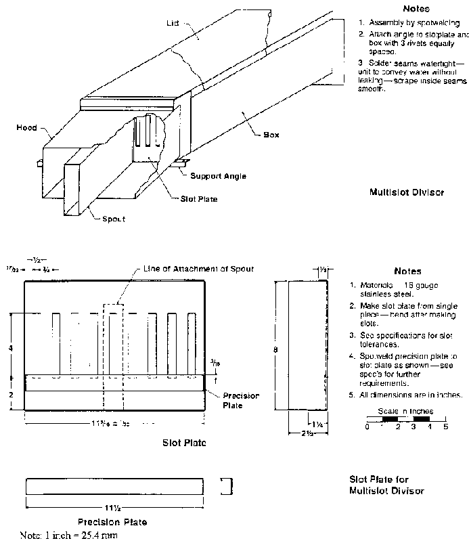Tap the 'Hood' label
27,127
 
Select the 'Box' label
271,135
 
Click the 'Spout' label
114,219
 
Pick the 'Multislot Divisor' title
407,192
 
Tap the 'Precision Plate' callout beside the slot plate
233,401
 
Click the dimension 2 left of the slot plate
10,393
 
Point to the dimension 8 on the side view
275,350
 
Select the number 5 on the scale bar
445,427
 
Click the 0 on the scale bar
366,427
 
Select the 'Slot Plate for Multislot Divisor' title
386,485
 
